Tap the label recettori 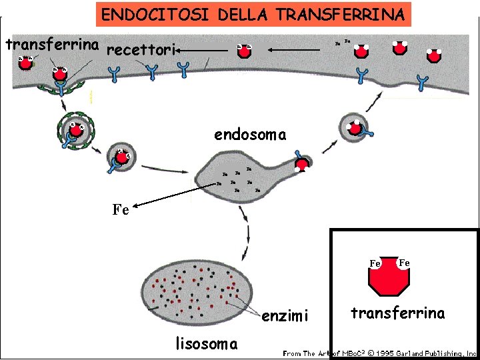[x=140, y=50]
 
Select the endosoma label [x=250, y=135]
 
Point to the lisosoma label [x=206, y=344]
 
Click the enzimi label [x=285, y=316]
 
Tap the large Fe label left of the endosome [x=120, y=210]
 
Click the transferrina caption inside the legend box [x=398, y=313]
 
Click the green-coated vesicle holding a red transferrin [x=75, y=129]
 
